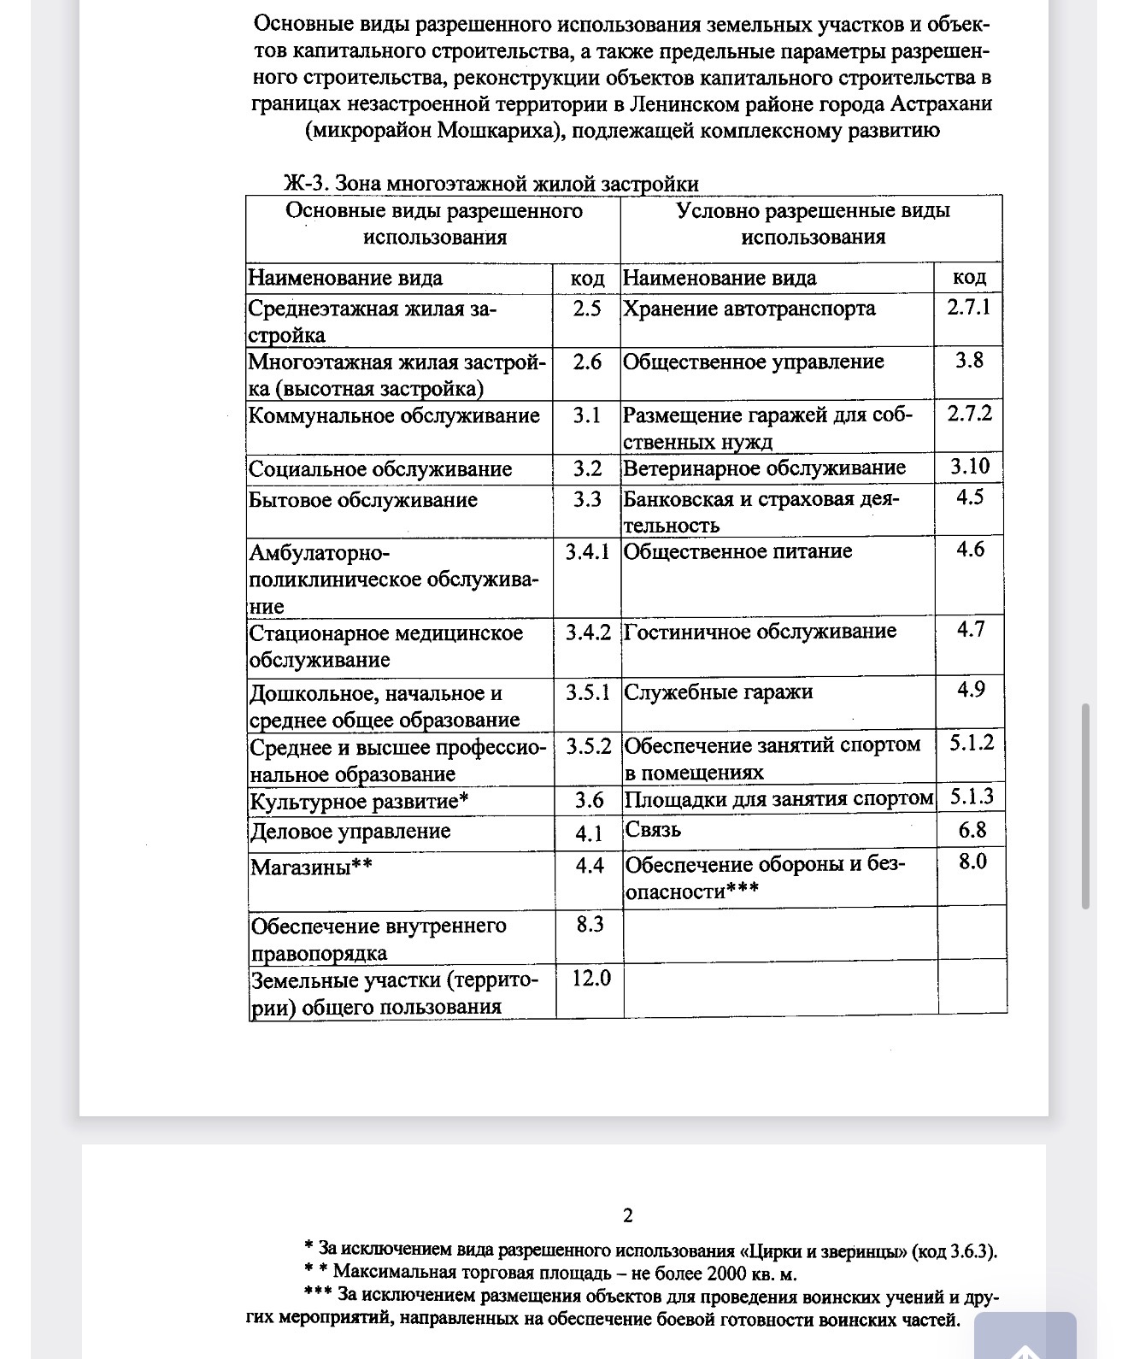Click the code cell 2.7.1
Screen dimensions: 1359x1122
(x=968, y=308)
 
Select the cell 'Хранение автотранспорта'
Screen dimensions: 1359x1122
(x=749, y=309)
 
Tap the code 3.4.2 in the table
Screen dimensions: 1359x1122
(x=588, y=633)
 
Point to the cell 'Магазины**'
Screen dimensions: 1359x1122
(x=311, y=868)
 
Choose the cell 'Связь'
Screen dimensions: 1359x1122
(x=653, y=830)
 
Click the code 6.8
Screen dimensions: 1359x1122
(x=972, y=830)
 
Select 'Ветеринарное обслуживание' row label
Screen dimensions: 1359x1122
(x=764, y=468)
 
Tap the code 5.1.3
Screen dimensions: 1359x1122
(x=972, y=797)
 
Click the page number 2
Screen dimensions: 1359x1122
(x=628, y=1215)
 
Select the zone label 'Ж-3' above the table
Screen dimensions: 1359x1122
(x=305, y=184)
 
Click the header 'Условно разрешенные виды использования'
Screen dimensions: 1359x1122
(x=813, y=224)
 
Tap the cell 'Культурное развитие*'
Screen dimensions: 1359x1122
(x=360, y=802)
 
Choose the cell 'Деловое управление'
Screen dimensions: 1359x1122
(x=350, y=832)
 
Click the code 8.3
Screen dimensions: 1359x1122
(x=590, y=925)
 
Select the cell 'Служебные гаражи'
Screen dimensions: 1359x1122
(x=719, y=692)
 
